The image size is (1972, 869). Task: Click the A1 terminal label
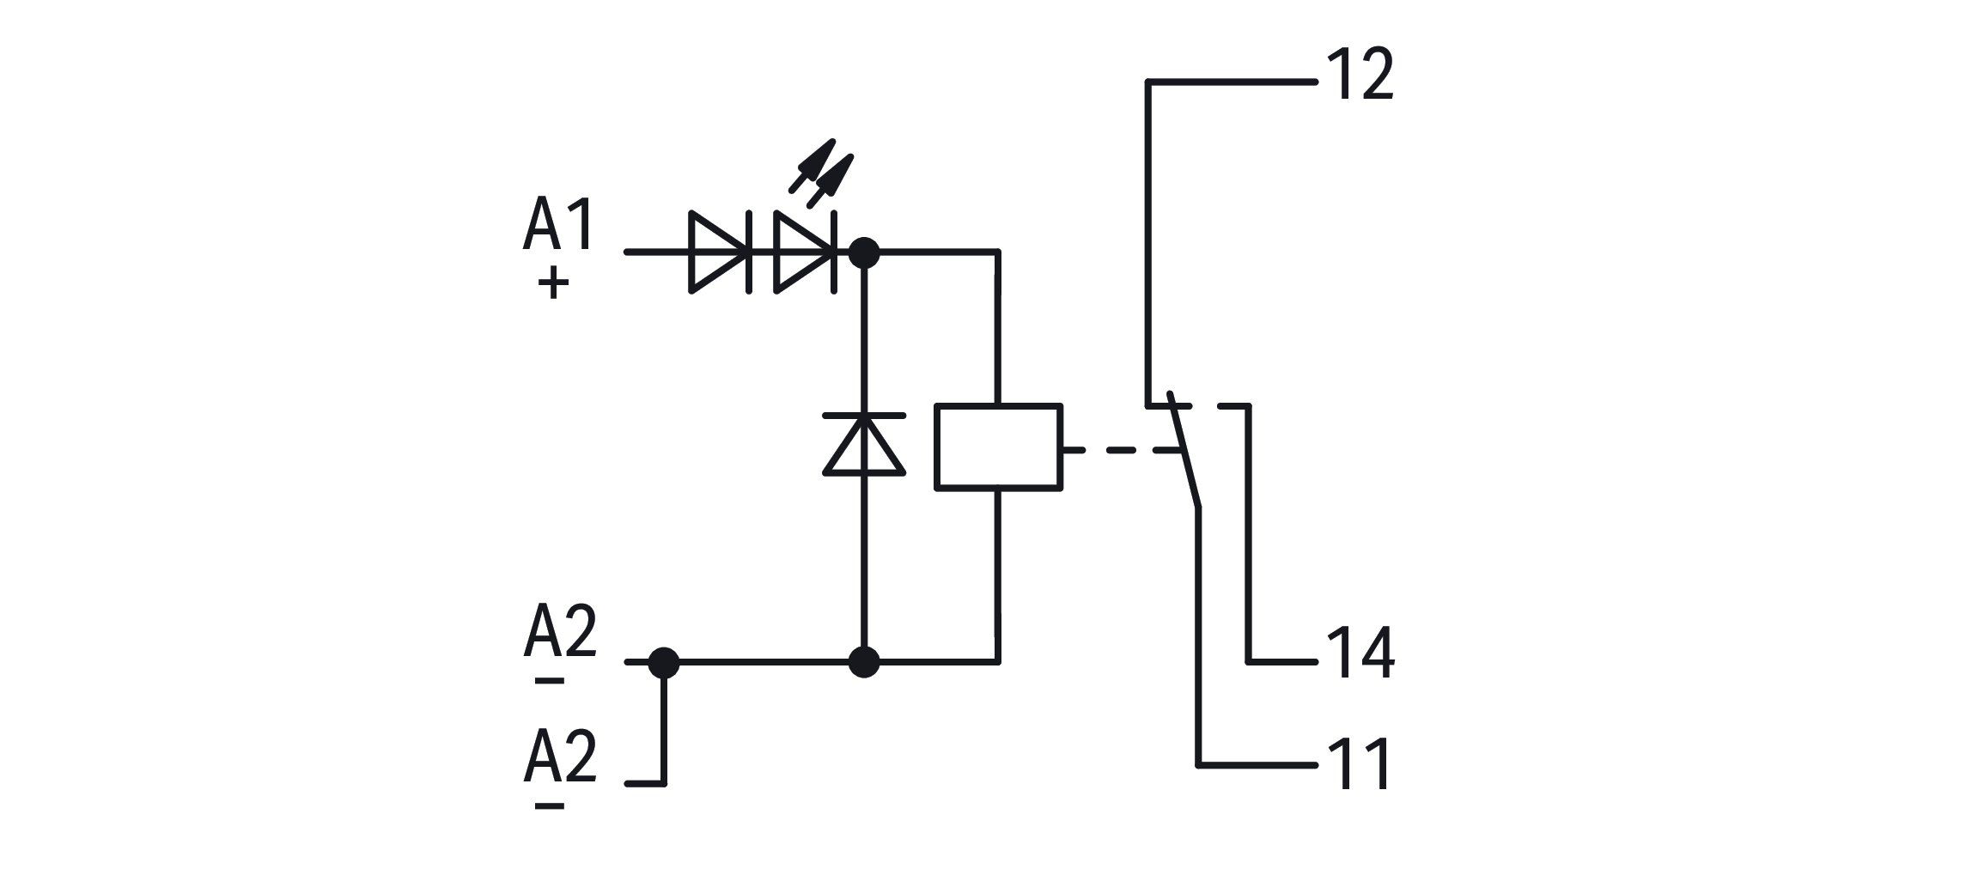point(558,225)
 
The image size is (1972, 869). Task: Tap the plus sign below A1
point(554,283)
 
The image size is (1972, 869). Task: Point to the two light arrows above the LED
point(821,174)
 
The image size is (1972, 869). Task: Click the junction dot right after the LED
point(864,252)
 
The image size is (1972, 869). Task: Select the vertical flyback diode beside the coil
point(864,444)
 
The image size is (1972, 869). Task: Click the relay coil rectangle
point(998,447)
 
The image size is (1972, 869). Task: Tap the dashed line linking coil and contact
point(1117,449)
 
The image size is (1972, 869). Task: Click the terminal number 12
point(1360,76)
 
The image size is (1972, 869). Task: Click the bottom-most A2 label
point(560,756)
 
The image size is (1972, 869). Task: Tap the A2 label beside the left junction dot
point(560,632)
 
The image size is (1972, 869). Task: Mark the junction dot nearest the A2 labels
point(663,663)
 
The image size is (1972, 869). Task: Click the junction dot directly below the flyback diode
point(864,663)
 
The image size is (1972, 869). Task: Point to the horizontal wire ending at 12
point(1232,82)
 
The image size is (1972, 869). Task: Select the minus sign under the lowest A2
point(550,805)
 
